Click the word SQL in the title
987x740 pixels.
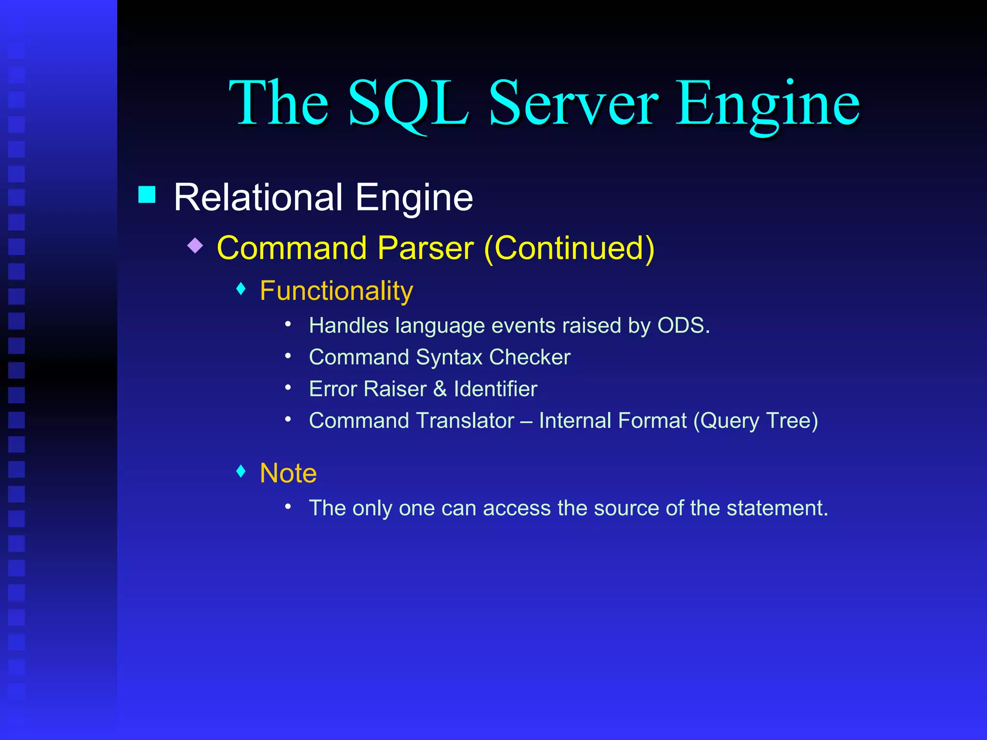(x=408, y=104)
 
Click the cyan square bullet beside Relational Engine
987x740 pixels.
(x=147, y=195)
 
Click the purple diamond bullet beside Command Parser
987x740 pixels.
(x=195, y=246)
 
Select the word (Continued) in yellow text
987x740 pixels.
(x=569, y=249)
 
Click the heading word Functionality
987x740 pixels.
(x=336, y=291)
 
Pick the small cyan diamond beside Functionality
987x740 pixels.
(x=241, y=289)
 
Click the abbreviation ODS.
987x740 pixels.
(x=683, y=326)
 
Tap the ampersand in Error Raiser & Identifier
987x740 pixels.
(x=440, y=389)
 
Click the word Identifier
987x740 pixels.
(x=495, y=389)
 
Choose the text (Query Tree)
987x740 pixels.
(x=755, y=421)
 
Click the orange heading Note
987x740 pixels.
(x=288, y=473)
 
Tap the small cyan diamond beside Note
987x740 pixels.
(x=241, y=471)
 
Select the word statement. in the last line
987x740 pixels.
(x=777, y=508)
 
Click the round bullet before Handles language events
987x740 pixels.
(x=288, y=325)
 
